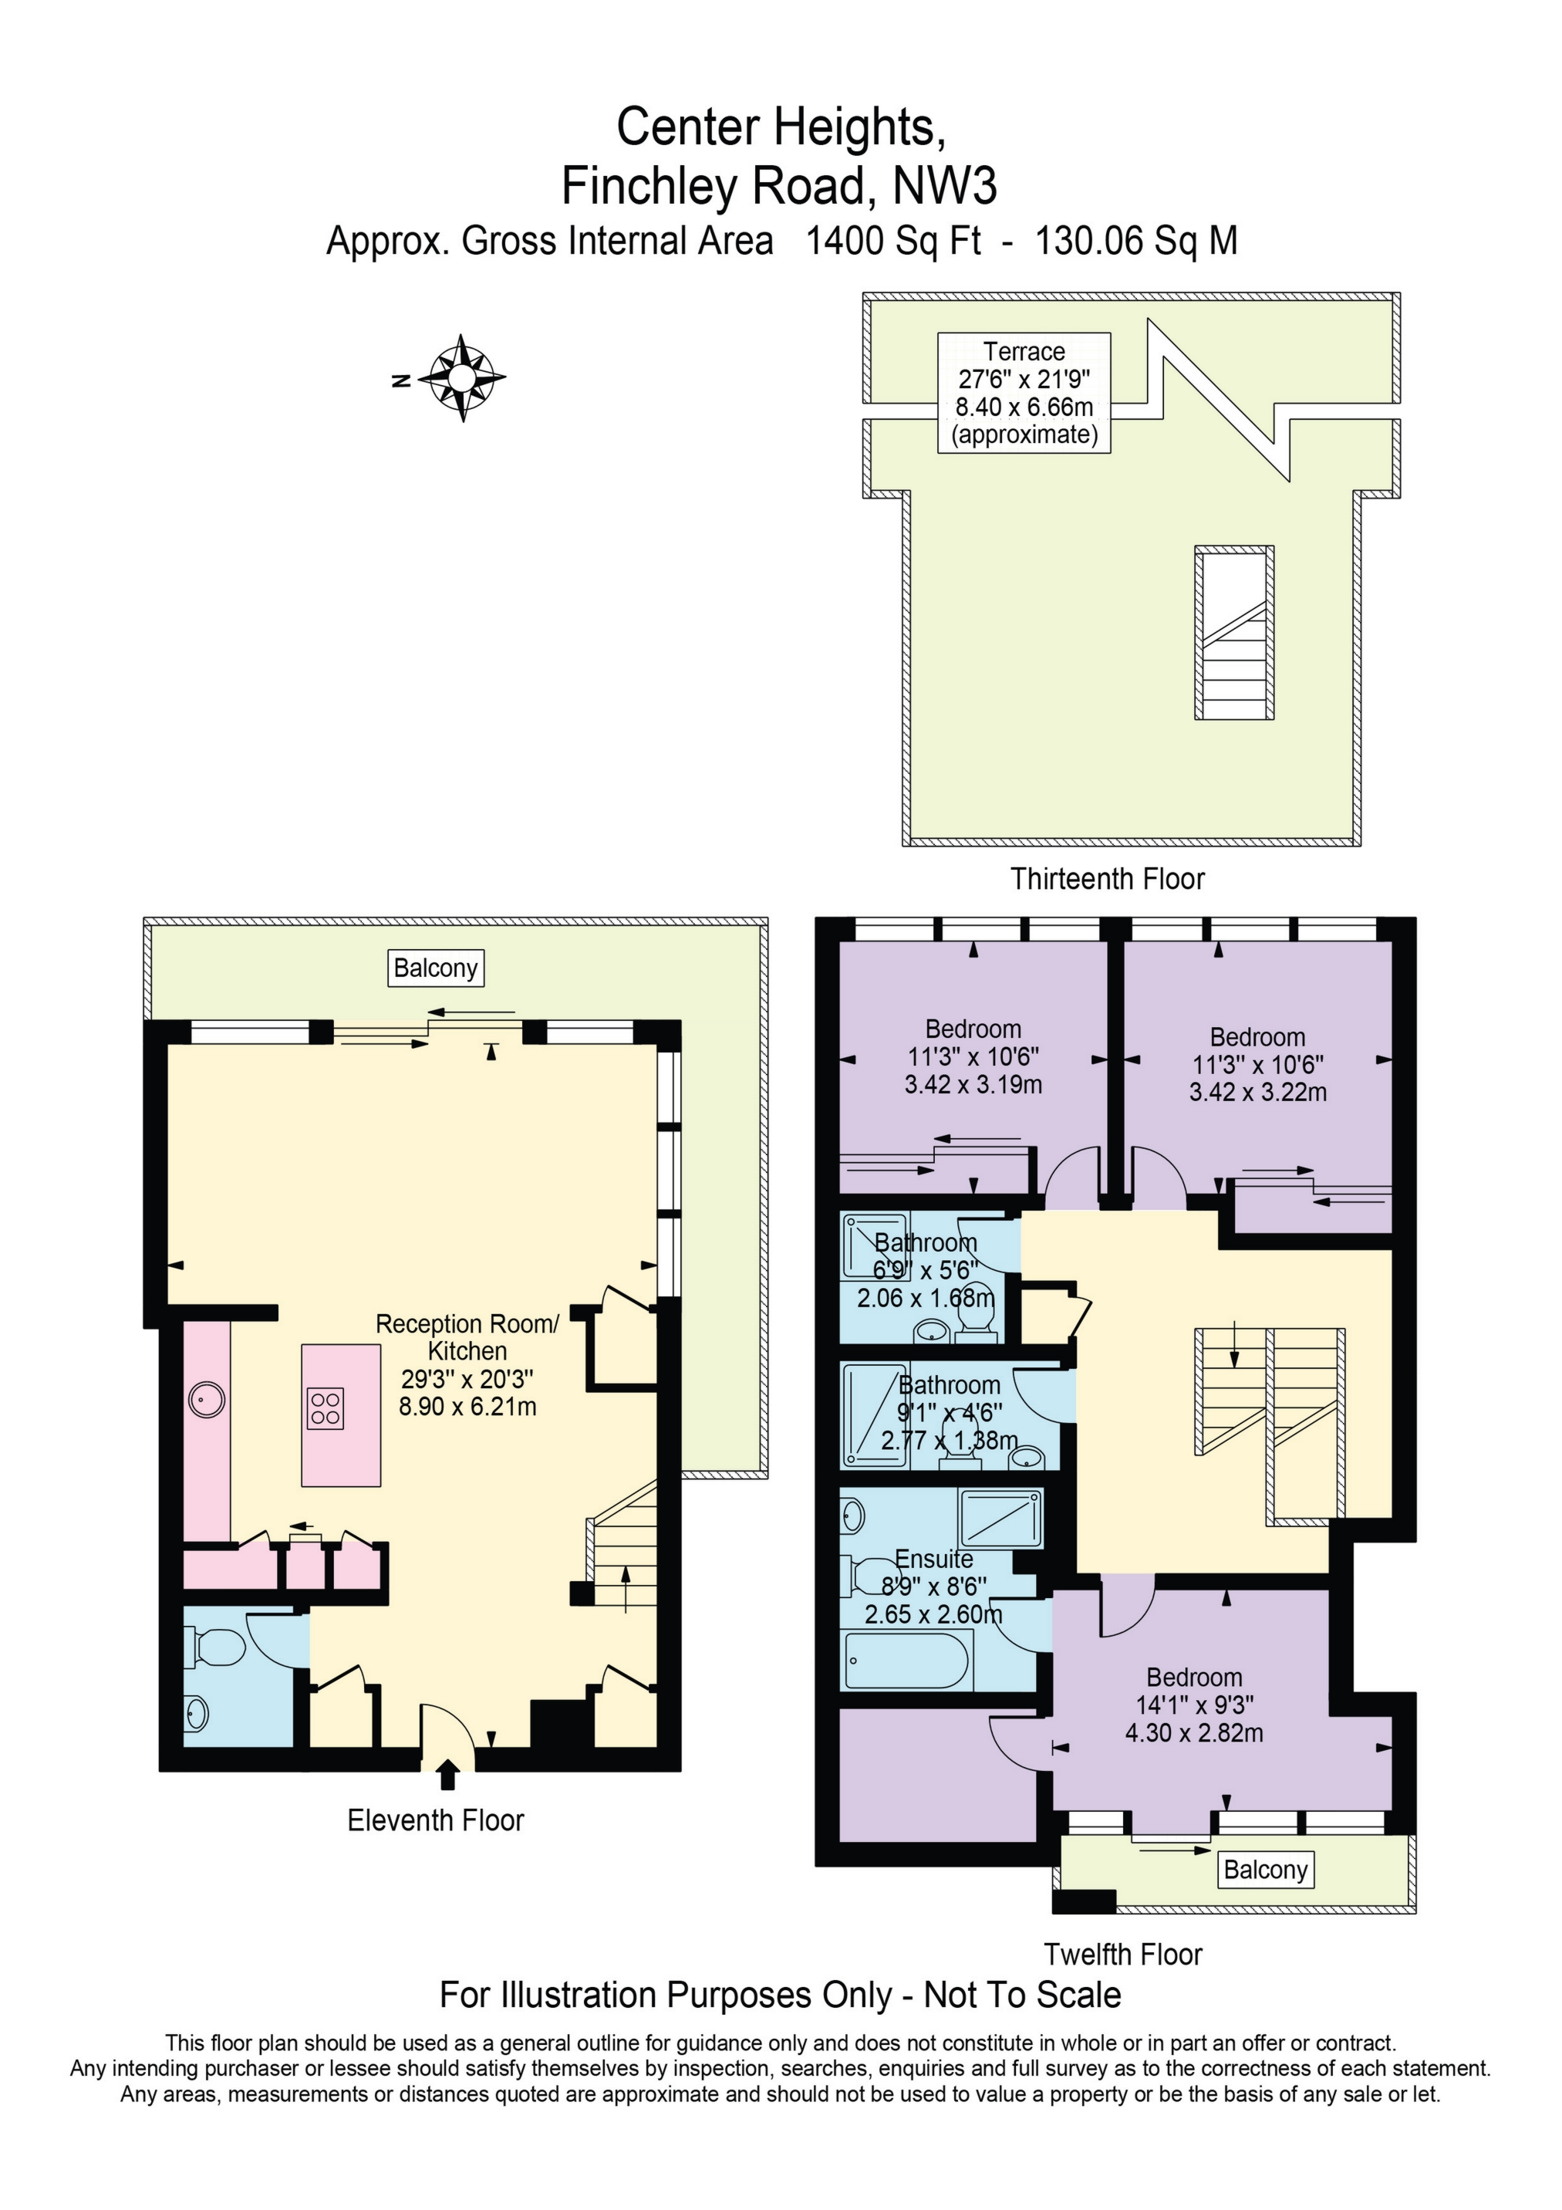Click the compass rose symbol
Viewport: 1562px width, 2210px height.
tap(462, 377)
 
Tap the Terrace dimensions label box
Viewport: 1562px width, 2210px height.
tap(1024, 393)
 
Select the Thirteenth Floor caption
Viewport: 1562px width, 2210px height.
tap(1107, 879)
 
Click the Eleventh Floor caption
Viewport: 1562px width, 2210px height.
tap(435, 1820)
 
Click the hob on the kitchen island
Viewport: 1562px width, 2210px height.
tap(326, 1408)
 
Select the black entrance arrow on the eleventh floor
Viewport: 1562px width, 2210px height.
tap(447, 1773)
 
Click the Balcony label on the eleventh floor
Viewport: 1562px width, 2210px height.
tap(435, 968)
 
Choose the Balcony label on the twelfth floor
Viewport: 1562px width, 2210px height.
tap(1264, 1869)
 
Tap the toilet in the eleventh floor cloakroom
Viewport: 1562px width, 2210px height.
tap(217, 1647)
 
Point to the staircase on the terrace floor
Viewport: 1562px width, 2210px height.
tap(1235, 633)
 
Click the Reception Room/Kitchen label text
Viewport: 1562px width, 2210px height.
tap(467, 1337)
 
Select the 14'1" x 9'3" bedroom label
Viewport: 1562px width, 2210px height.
tap(1194, 1705)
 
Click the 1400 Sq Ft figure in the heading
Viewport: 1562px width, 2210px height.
tap(892, 241)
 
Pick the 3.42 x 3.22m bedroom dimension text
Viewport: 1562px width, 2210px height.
tap(1258, 1093)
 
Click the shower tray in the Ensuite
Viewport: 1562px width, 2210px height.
tap(1000, 1518)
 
